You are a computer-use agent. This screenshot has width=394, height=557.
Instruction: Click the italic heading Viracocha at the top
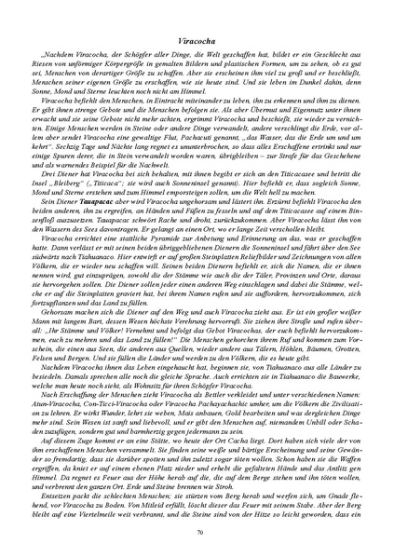196,43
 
